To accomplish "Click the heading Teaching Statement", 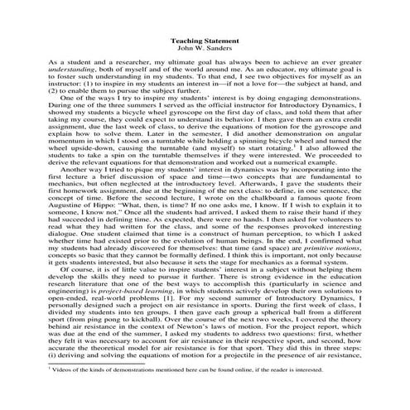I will click(x=205, y=39).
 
